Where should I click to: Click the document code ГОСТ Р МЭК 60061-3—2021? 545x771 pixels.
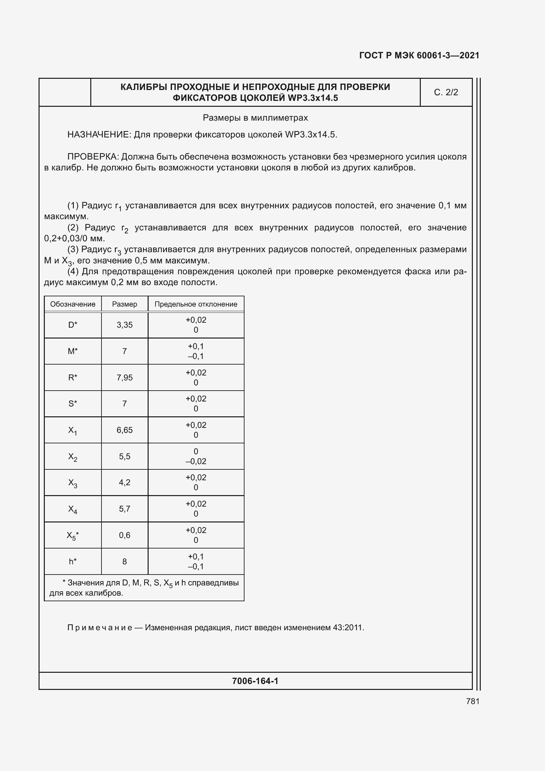[419, 55]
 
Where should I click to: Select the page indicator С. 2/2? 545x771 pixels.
[446, 92]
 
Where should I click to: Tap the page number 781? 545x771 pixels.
[473, 701]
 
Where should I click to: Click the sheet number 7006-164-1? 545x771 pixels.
[255, 681]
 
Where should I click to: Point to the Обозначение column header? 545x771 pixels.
[72, 304]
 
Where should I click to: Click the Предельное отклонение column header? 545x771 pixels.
[196, 304]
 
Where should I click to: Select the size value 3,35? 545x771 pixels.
[125, 325]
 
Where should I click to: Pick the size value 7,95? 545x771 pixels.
[125, 378]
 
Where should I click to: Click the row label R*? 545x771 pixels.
[72, 378]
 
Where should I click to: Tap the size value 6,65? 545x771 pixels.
[125, 430]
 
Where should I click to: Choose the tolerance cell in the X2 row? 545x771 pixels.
[196, 456]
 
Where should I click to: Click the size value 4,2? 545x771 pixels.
[125, 483]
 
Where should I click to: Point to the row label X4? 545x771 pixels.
[72, 509]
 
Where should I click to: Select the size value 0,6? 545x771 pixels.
[125, 535]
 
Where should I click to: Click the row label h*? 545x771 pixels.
[72, 561]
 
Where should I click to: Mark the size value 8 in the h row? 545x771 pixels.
[125, 561]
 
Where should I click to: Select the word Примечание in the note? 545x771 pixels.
[100, 628]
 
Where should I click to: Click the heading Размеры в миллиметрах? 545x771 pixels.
[255, 118]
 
